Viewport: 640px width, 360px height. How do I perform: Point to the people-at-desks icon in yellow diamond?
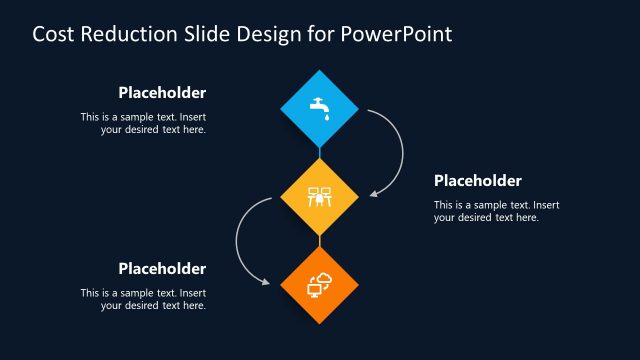click(x=320, y=197)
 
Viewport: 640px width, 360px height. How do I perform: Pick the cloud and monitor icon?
click(x=320, y=285)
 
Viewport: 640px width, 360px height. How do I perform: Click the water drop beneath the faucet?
click(x=324, y=116)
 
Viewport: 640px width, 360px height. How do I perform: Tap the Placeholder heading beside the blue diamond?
click(x=162, y=93)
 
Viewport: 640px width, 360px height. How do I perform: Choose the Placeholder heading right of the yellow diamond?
click(x=478, y=181)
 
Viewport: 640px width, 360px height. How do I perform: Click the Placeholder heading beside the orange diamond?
click(x=162, y=269)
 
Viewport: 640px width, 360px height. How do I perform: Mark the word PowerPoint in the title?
click(x=396, y=34)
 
